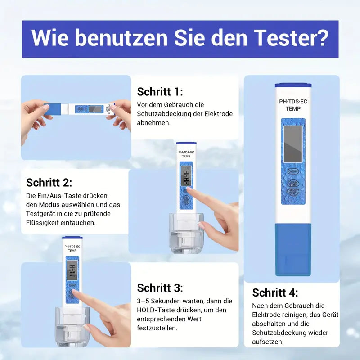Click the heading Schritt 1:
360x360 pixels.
pyautogui.click(x=160, y=92)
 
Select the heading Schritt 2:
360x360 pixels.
pyautogui.click(x=49, y=182)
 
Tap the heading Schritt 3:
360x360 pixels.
pyautogui.click(x=160, y=288)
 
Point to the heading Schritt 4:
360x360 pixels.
pyautogui.click(x=275, y=292)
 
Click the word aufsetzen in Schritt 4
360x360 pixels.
pyautogui.click(x=268, y=342)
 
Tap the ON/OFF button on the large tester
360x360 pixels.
pyautogui.click(x=293, y=171)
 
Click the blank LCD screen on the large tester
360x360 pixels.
pyautogui.click(x=293, y=144)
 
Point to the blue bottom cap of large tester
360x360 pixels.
pyautogui.click(x=292, y=250)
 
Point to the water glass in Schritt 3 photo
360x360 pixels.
pyautogui.click(x=72, y=326)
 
